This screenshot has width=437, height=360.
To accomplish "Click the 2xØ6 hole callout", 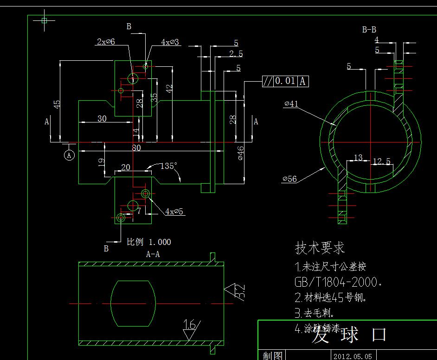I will point(106,42).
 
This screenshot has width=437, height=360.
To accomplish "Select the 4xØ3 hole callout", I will point(170,42).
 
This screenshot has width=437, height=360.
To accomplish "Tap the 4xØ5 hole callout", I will point(174,212).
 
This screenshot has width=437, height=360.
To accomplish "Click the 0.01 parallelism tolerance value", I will point(285,81).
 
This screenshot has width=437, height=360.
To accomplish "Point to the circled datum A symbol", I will point(69,155).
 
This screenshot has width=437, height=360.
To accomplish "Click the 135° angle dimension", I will point(169,166).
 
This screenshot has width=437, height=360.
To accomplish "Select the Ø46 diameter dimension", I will point(240,153).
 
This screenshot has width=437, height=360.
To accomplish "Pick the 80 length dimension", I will point(136,148).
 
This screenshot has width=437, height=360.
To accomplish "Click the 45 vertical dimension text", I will point(57,104).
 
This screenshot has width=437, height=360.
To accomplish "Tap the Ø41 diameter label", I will point(291,104).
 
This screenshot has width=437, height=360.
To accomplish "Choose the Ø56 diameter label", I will point(289,179).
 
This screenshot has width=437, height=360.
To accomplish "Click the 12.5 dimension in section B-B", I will point(381,161).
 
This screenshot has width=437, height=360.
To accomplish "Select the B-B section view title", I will point(369,30).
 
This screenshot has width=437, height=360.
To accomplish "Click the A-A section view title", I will point(153,254).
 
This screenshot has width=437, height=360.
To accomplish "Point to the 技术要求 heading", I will point(320,248).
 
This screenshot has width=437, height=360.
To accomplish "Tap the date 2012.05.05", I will point(352,356).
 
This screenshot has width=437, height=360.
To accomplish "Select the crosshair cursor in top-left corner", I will point(45,20).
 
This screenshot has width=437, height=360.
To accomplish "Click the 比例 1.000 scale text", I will point(149,242).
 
